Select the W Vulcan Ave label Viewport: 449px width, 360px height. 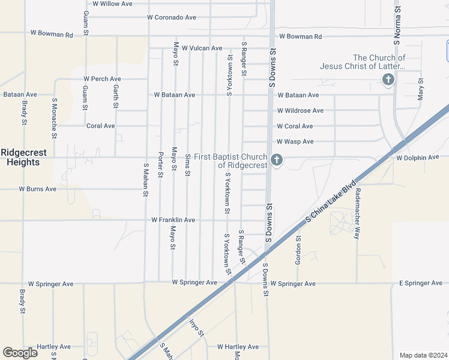pyautogui.click(x=202, y=48)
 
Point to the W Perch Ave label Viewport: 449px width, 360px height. pyautogui.click(x=102, y=79)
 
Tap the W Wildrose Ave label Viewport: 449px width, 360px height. pyautogui.click(x=300, y=110)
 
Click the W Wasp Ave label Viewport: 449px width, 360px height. pyautogui.click(x=295, y=142)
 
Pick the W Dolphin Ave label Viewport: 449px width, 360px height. pyautogui.click(x=418, y=157)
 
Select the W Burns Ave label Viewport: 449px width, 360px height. pyautogui.click(x=37, y=189)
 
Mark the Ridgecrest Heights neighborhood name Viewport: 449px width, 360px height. pyautogui.click(x=20, y=157)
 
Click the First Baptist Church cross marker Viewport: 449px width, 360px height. pyautogui.click(x=276, y=160)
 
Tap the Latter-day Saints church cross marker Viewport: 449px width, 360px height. pyautogui.click(x=388, y=79)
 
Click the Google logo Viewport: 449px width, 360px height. pyautogui.click(x=20, y=353)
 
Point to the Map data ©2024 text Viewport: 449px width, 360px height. pyautogui.click(x=423, y=355)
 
